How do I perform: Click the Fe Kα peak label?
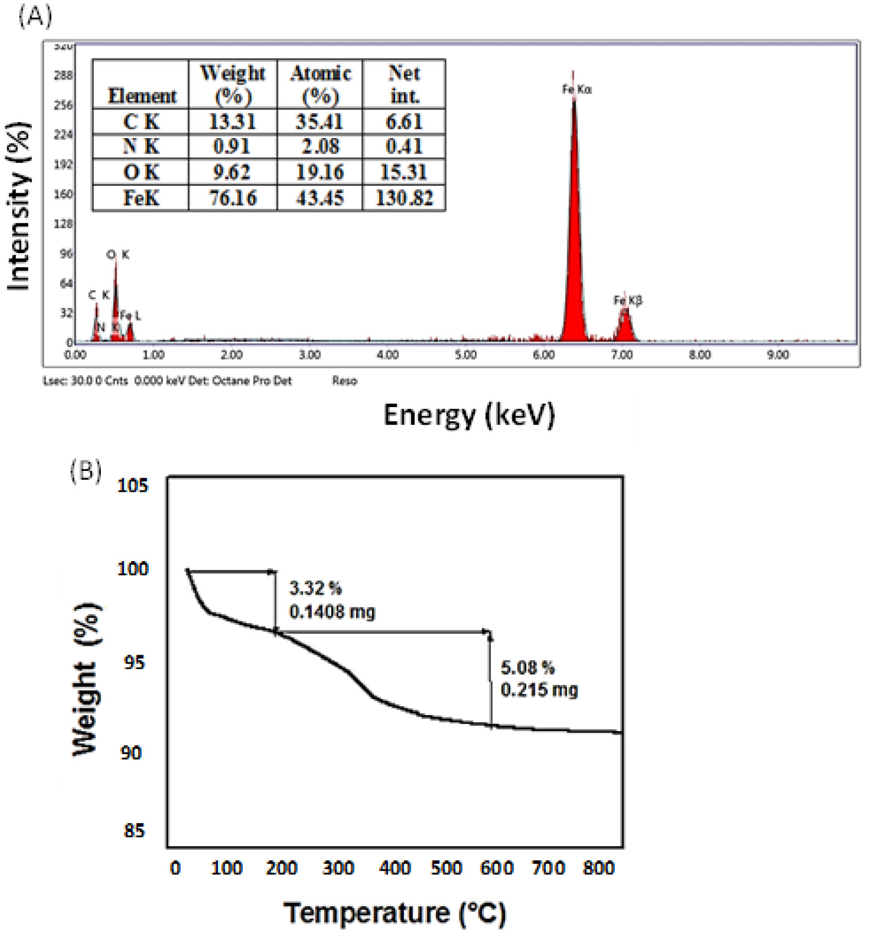(x=577, y=89)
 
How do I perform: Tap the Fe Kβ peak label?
(x=628, y=300)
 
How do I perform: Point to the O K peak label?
(x=118, y=255)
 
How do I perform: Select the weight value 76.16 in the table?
(x=233, y=198)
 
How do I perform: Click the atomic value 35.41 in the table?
(x=319, y=122)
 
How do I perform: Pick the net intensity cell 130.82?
(x=404, y=198)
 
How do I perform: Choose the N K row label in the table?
(x=141, y=147)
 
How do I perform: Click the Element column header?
(x=142, y=96)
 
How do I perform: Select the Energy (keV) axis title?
(x=469, y=415)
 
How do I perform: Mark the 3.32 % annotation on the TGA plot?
(x=315, y=589)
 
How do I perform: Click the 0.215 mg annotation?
(x=539, y=690)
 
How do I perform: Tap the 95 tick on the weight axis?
(x=134, y=662)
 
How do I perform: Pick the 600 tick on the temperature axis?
(x=496, y=868)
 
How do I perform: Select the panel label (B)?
(x=85, y=471)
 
